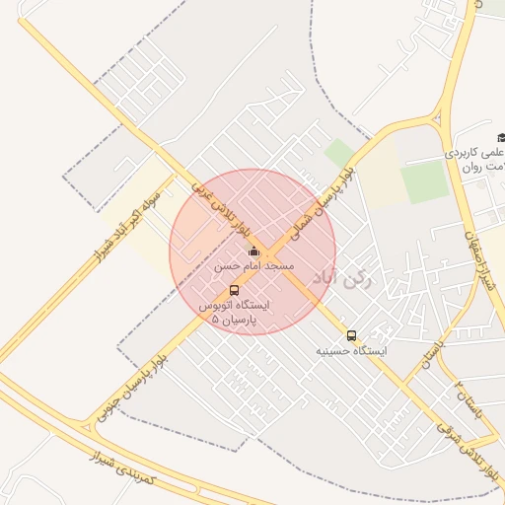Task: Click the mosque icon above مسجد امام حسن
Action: tap(253, 251)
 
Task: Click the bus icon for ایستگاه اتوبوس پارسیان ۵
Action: tap(234, 290)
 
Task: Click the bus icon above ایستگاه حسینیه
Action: tap(351, 335)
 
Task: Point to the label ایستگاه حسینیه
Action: tap(352, 351)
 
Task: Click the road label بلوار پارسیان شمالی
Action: tap(322, 203)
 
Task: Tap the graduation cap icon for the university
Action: tap(501, 136)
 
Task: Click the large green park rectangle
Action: tap(425, 182)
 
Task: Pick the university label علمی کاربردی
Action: tap(474, 154)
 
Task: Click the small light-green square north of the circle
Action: tap(339, 153)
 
